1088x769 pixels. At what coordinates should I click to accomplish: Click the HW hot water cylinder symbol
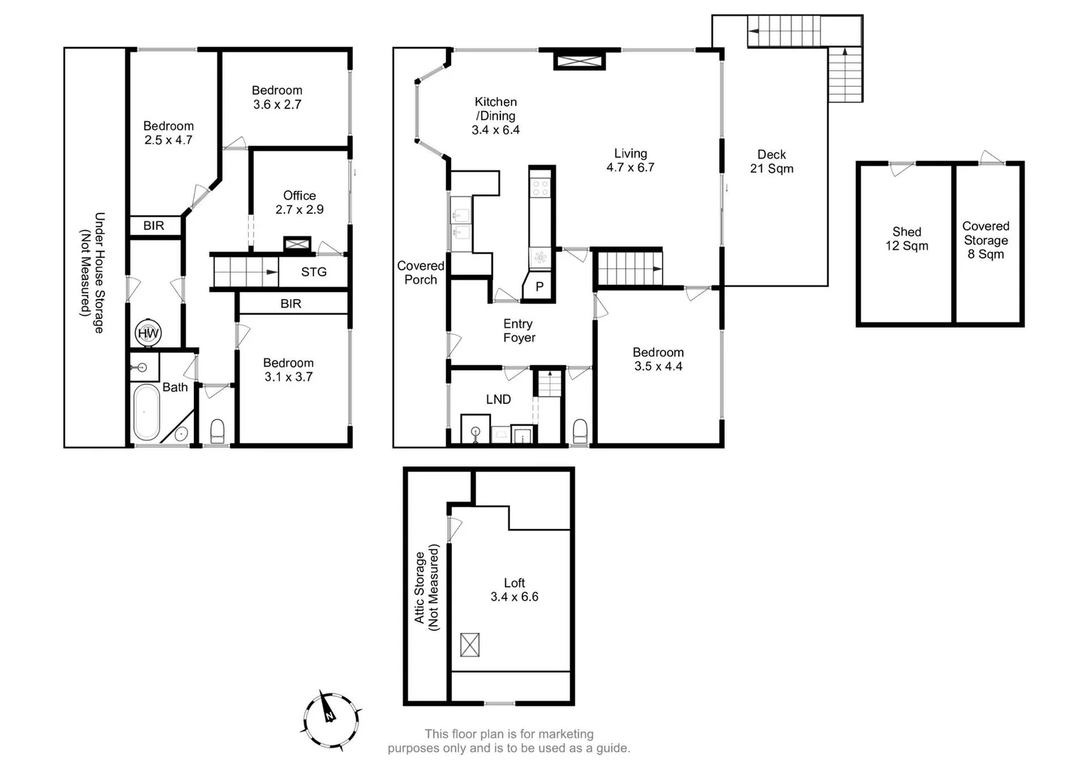pos(148,333)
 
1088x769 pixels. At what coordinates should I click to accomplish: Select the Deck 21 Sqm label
pos(772,162)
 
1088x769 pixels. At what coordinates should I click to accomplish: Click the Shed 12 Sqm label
pos(906,239)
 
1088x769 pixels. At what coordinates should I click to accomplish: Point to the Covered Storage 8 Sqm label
pos(985,240)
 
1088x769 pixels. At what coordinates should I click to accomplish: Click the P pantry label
pos(539,287)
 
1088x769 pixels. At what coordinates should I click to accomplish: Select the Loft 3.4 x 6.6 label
pos(514,590)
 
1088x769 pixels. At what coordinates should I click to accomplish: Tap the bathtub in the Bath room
pos(147,412)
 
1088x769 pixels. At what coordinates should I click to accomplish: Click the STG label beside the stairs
pos(314,272)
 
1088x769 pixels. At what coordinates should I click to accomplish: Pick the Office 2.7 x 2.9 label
pos(299,202)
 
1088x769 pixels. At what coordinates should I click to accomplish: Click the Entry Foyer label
pos(519,331)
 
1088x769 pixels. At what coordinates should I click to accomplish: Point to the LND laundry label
pos(498,399)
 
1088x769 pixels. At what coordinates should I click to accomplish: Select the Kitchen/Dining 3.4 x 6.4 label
pos(496,116)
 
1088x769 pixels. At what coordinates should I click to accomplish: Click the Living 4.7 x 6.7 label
pos(631,160)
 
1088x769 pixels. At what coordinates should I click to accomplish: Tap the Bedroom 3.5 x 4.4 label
pos(658,360)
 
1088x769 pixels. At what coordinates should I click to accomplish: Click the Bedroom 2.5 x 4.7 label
pos(168,133)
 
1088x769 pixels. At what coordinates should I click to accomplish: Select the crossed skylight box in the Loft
pos(470,644)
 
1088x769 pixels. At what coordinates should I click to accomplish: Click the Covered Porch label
pos(420,273)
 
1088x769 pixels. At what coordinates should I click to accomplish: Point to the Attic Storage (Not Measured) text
pos(427,588)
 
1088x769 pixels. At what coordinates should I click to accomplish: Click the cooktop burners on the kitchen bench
pos(541,188)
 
